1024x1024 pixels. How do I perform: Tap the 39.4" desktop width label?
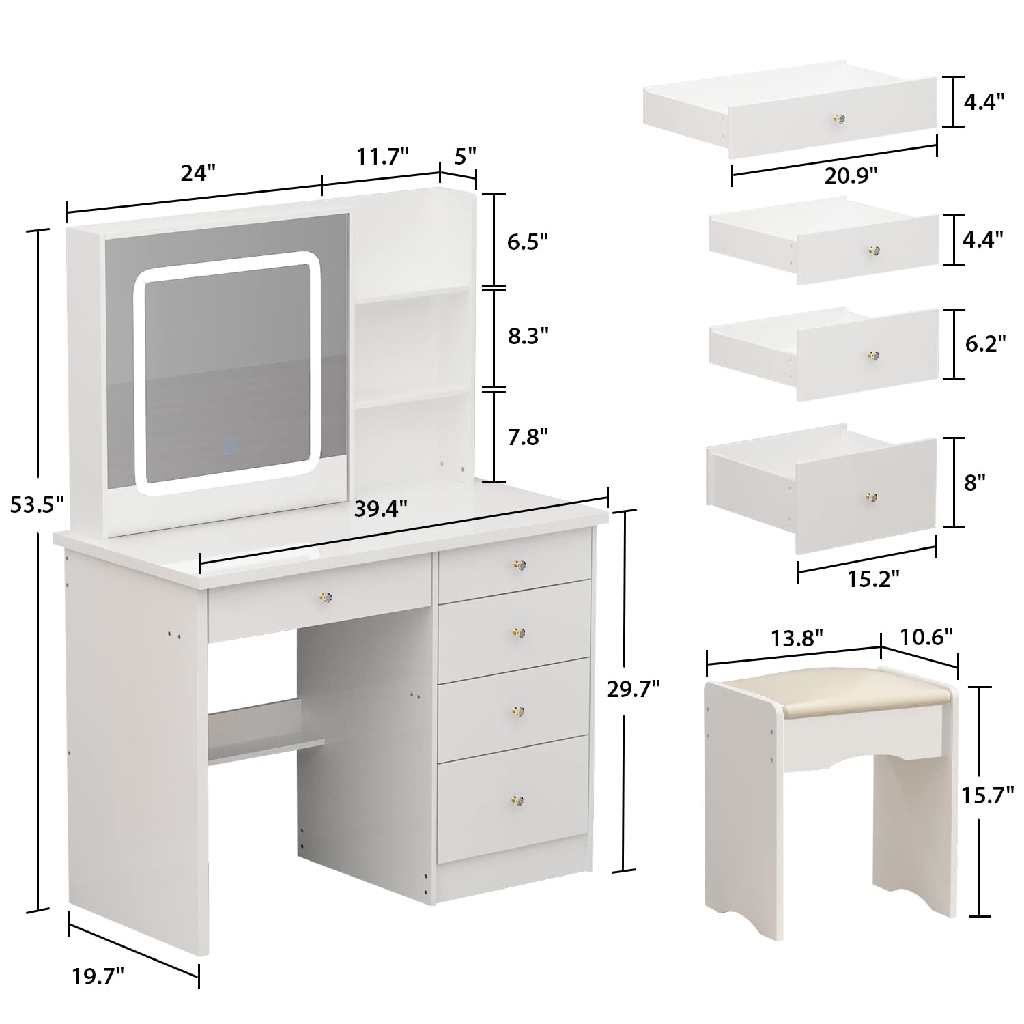click(x=380, y=508)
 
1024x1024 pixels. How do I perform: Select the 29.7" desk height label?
click(x=633, y=689)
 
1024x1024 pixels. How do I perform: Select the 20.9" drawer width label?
click(x=850, y=176)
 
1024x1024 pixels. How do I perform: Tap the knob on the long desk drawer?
click(x=324, y=597)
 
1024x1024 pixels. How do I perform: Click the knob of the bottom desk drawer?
click(x=517, y=799)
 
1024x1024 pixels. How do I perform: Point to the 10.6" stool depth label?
click(x=926, y=638)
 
